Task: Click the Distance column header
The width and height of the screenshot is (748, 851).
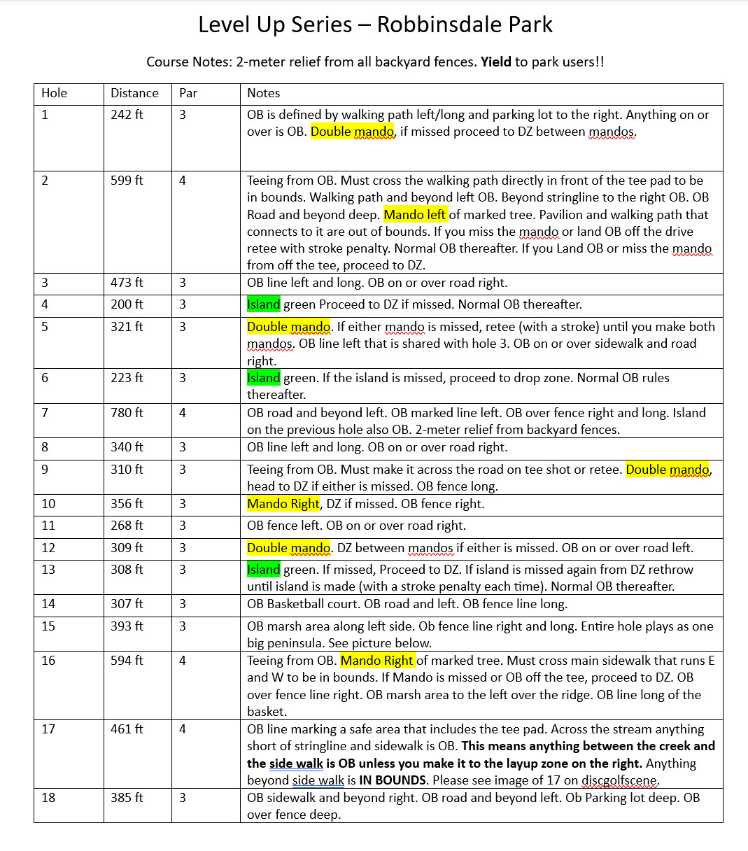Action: click(x=134, y=93)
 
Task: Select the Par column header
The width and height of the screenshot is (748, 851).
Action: click(x=188, y=93)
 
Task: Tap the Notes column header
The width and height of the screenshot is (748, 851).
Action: click(x=264, y=93)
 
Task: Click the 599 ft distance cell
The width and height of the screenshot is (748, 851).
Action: click(x=127, y=181)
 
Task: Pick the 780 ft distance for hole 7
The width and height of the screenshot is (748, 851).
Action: click(x=127, y=413)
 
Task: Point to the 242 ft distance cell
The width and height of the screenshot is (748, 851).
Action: click(x=127, y=115)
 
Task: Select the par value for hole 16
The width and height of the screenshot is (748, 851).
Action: click(x=183, y=661)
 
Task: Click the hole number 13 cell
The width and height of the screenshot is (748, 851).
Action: click(x=48, y=570)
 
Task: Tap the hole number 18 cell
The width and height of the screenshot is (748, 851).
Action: click(x=48, y=798)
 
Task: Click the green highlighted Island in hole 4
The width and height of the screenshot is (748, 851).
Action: click(x=264, y=304)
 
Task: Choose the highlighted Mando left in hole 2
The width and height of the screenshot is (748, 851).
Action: click(x=415, y=215)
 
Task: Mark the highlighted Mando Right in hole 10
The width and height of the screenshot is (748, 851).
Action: click(x=283, y=504)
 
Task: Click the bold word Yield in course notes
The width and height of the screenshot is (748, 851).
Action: click(x=495, y=62)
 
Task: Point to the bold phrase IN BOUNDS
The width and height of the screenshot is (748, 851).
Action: click(x=393, y=780)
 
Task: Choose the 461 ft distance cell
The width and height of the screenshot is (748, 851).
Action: click(x=127, y=729)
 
